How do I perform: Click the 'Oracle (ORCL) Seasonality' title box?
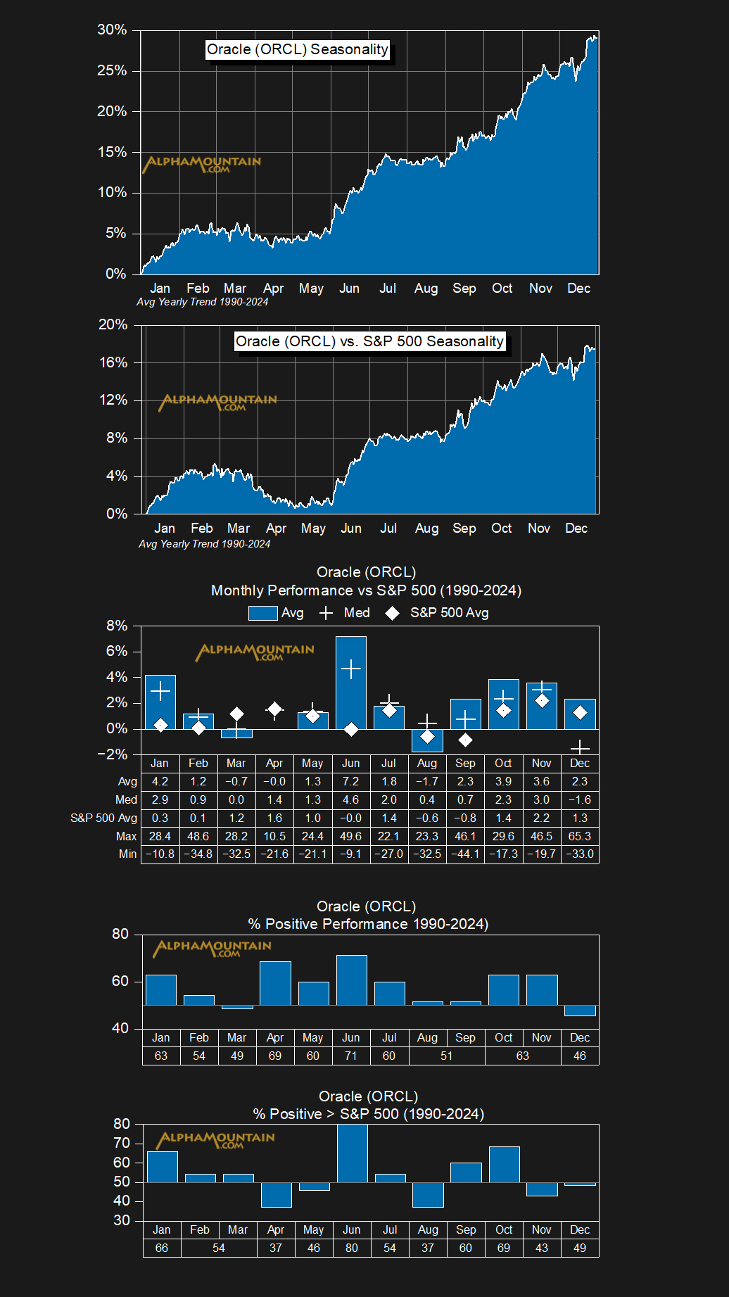click(x=297, y=49)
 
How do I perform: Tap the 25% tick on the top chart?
click(x=112, y=70)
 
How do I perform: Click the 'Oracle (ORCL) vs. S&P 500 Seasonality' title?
click(x=369, y=341)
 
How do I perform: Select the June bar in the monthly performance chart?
click(x=350, y=683)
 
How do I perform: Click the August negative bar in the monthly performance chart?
click(x=427, y=740)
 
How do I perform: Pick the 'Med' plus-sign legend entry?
click(x=345, y=613)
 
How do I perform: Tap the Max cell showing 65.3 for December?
click(x=579, y=836)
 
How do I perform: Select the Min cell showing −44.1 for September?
click(x=465, y=854)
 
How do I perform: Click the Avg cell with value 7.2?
click(x=350, y=781)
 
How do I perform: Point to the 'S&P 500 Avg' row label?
click(x=103, y=818)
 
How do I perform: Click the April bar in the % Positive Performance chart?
click(x=275, y=983)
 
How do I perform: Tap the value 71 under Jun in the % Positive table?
click(x=350, y=1056)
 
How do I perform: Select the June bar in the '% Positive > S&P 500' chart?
click(x=352, y=1153)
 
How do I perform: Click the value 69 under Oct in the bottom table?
click(x=503, y=1248)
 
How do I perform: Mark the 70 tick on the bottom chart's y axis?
click(x=122, y=1143)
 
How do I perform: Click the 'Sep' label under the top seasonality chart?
click(x=464, y=289)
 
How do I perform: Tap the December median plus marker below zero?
click(x=580, y=747)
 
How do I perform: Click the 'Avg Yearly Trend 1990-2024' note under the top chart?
click(x=202, y=302)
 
